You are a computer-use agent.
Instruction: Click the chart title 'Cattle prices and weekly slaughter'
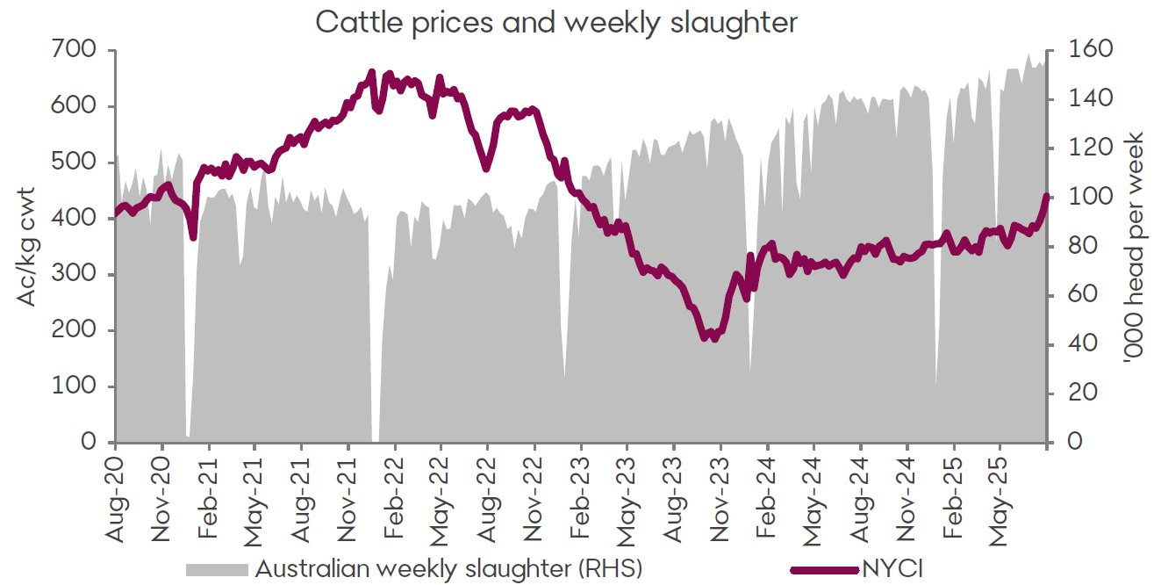point(556,22)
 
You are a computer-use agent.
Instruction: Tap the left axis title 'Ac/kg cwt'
point(27,246)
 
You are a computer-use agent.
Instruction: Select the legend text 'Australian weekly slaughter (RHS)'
point(448,568)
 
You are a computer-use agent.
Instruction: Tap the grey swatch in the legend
point(217,569)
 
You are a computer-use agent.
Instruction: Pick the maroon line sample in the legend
point(824,569)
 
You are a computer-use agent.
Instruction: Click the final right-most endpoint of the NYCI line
point(1047,197)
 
